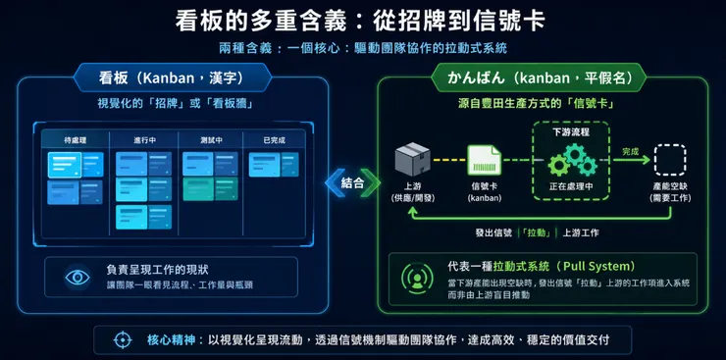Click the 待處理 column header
pos(76,140)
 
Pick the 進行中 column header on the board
pos(144,140)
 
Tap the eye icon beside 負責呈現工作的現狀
pos(78,278)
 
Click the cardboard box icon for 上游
pos(409,159)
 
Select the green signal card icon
pos(484,160)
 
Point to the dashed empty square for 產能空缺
pos(670,159)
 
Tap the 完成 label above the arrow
pos(630,150)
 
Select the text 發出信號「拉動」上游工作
pos(536,232)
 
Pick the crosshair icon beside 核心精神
pos(123,339)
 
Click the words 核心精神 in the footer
pos(172,339)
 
